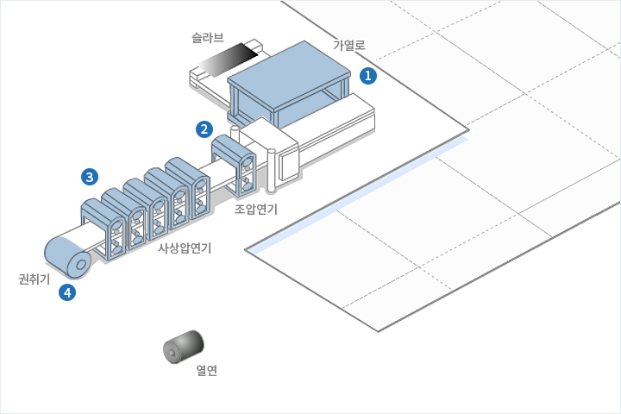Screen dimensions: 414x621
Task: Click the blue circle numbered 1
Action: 369,76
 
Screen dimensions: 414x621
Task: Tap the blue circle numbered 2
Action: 204,129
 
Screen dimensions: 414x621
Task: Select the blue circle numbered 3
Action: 89,177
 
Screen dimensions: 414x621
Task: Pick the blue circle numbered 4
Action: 67,292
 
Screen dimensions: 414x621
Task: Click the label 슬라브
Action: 208,38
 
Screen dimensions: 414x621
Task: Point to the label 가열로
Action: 349,44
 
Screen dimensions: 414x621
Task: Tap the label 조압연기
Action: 256,209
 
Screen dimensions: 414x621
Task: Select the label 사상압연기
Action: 185,248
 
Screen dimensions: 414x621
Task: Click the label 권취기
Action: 34,279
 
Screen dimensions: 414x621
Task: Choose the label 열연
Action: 207,371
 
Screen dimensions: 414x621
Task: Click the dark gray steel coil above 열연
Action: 184,347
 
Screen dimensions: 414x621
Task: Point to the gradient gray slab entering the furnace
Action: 227,61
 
